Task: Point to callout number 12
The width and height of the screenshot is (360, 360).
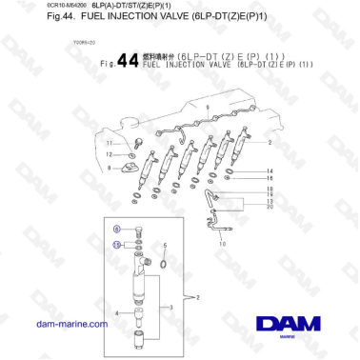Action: click(x=108, y=152)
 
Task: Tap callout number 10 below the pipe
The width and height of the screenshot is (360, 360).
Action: click(x=225, y=244)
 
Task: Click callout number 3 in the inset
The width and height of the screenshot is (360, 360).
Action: click(x=172, y=307)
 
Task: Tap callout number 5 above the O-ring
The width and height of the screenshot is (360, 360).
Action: click(x=167, y=244)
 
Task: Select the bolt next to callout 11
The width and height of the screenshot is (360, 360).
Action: click(x=136, y=142)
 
